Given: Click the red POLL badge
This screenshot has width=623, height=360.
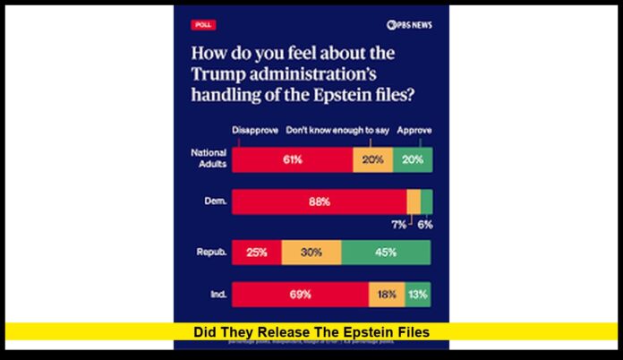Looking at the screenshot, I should (x=203, y=25).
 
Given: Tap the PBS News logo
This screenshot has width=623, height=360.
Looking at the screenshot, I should (x=409, y=25).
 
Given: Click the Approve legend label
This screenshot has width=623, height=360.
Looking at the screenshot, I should (x=414, y=129).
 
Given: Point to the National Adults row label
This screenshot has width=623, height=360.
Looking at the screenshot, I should (x=208, y=159).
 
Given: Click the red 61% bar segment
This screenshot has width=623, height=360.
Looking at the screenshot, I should (x=292, y=160).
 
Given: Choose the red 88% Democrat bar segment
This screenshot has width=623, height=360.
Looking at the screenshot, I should (x=319, y=202).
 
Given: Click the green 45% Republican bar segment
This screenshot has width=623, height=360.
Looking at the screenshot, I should (x=386, y=253).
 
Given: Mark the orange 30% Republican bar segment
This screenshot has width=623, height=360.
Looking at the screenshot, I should (x=311, y=253).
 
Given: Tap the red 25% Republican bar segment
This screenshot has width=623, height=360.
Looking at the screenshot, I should (x=256, y=253).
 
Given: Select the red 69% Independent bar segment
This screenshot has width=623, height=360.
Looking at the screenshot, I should (x=300, y=294).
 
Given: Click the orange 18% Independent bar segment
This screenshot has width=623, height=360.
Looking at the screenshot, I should (x=386, y=294).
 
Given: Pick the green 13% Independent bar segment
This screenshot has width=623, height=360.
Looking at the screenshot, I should (x=417, y=294).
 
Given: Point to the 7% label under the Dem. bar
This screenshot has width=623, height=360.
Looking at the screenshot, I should (x=398, y=225).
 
